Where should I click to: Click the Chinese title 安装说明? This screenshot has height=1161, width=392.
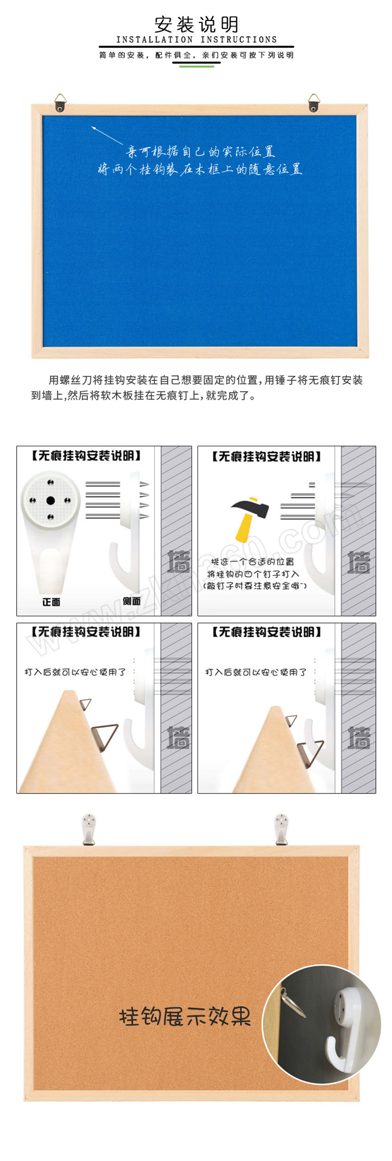pos(196,24)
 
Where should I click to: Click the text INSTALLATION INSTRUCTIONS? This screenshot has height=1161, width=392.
pos(196,40)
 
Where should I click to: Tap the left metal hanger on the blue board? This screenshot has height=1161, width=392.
pos(60,103)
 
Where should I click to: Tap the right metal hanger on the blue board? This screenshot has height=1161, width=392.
pos(314,103)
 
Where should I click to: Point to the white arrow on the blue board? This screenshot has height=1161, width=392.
pos(107,135)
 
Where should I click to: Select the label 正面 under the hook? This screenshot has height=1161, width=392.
pos(51,602)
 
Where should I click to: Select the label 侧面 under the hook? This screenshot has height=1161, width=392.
pos(131,601)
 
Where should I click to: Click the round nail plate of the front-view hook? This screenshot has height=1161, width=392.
pos(50,500)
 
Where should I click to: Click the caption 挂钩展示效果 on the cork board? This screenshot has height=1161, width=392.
pos(185,1017)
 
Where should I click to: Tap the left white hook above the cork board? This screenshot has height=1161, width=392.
pos(89,829)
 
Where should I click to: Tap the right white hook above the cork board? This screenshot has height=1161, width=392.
pos(281,829)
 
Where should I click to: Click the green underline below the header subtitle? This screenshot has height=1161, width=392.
pos(196,66)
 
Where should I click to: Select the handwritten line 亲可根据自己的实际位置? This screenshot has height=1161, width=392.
pos(200,152)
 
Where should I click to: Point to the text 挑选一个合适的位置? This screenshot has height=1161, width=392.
pos(252,562)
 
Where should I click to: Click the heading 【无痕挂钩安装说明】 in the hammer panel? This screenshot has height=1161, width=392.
pos(267,457)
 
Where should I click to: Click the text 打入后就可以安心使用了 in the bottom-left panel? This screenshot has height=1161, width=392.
pos(75,672)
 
